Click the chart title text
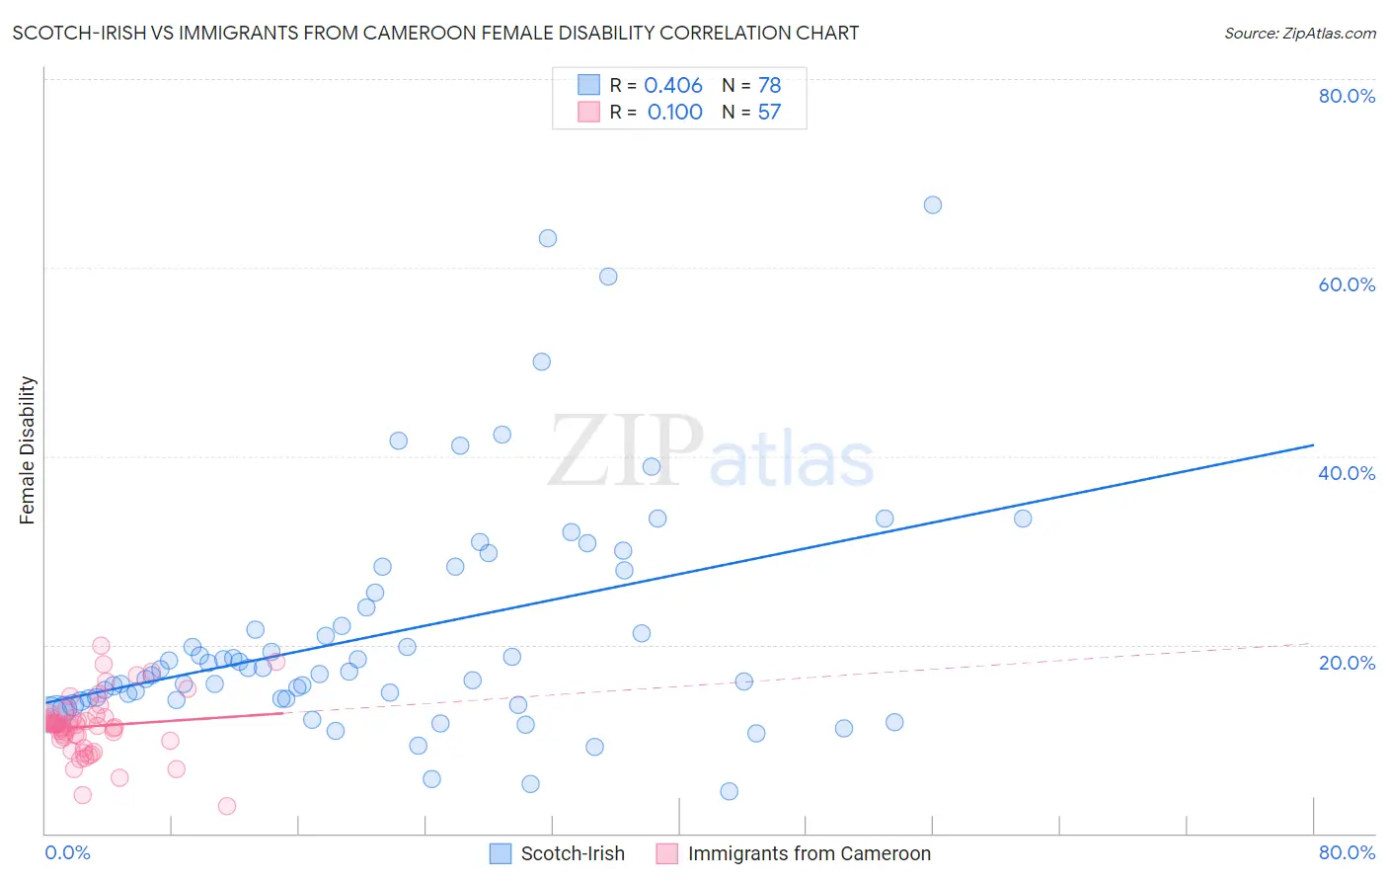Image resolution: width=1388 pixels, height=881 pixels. coord(435,33)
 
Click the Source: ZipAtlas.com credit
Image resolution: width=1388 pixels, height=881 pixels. coord(1299,33)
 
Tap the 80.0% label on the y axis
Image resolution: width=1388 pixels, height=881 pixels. coord(1347,96)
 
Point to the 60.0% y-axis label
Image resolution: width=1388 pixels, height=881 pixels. coord(1347,284)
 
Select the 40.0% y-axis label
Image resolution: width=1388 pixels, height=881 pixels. coord(1347,473)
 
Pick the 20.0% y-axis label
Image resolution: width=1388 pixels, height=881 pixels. coord(1347,663)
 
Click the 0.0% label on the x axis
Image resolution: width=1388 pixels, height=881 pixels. coord(68,852)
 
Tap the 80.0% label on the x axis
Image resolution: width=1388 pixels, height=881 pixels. coord(1347,852)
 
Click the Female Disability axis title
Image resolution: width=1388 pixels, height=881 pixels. coord(28,450)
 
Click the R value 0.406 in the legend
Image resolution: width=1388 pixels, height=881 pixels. coord(673,86)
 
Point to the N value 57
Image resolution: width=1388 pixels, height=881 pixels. coord(769,113)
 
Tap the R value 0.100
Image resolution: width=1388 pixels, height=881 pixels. coord(674,113)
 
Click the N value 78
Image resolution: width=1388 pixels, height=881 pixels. coord(769,86)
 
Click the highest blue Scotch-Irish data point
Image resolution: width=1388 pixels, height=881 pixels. coord(933,205)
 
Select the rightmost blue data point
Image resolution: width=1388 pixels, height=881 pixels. coord(1023,519)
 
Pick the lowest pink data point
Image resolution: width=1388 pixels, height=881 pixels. coord(227,806)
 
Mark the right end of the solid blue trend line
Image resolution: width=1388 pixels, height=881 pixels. coord(1313,445)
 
